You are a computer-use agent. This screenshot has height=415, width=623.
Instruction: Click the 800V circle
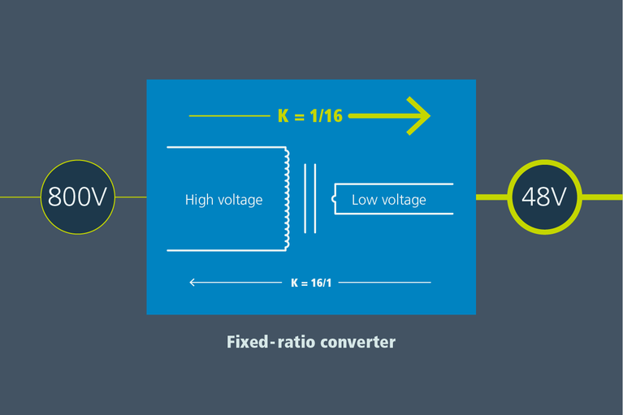pyautogui.click(x=78, y=197)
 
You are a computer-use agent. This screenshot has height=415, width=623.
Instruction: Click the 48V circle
pyautogui.click(x=544, y=197)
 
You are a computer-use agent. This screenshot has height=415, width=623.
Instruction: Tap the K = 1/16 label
pyautogui.click(x=310, y=116)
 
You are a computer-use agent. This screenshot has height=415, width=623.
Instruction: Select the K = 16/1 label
pyautogui.click(x=311, y=283)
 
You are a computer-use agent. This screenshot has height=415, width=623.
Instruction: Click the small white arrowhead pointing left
pyautogui.click(x=193, y=283)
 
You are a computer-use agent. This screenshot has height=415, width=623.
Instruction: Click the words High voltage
pyautogui.click(x=223, y=200)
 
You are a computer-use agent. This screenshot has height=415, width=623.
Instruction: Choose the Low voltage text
pyautogui.click(x=388, y=200)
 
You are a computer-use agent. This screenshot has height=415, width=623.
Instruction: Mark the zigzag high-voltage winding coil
pyautogui.click(x=285, y=198)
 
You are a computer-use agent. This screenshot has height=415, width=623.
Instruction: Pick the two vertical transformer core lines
pyautogui.click(x=309, y=198)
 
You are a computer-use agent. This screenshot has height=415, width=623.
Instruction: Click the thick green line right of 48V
pyautogui.click(x=602, y=197)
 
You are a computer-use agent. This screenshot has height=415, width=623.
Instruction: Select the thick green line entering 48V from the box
pyautogui.click(x=491, y=197)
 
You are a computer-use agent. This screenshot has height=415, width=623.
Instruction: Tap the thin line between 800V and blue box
pyautogui.click(x=131, y=197)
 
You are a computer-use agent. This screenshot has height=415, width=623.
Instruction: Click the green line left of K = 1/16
pyautogui.click(x=229, y=116)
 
